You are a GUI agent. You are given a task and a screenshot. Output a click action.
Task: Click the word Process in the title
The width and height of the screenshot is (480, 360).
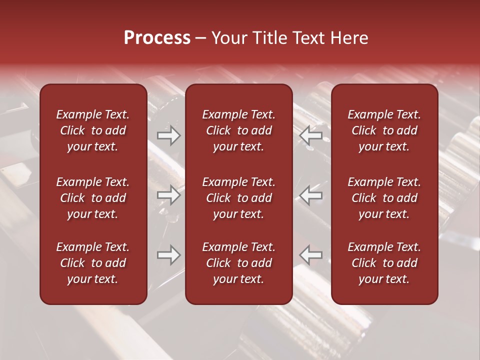[157, 38]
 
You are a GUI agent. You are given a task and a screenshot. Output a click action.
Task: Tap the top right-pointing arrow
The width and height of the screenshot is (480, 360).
[168, 135]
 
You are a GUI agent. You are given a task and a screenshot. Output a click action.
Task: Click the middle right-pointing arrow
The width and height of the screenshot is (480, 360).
[168, 195]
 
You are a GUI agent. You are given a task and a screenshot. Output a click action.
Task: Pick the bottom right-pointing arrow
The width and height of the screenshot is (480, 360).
[168, 255]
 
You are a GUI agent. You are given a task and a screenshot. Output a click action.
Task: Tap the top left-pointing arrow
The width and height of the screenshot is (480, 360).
[310, 135]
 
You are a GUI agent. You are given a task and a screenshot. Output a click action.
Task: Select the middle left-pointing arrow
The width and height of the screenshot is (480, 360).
[310, 195]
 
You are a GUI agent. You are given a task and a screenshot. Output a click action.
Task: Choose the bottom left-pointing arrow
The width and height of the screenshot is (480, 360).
[310, 255]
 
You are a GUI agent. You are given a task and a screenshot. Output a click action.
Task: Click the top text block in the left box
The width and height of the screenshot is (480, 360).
[93, 130]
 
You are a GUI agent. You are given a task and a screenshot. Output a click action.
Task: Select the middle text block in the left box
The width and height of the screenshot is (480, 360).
[93, 198]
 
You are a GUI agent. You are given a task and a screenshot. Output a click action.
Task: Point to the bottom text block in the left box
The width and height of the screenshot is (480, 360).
[93, 263]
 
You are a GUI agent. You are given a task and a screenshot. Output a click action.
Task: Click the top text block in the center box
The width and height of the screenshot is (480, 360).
[239, 130]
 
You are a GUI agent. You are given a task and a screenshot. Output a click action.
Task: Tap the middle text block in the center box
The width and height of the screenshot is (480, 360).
[239, 198]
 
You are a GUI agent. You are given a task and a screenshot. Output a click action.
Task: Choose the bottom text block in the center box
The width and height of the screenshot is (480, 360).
[239, 263]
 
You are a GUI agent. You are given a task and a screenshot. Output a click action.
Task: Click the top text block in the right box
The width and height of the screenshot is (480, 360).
[384, 130]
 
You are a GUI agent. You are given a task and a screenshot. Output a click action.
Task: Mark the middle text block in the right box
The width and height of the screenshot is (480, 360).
[384, 198]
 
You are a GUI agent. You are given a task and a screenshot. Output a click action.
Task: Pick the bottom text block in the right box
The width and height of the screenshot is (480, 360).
[384, 263]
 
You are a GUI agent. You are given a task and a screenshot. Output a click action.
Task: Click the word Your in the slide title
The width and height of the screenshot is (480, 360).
[227, 38]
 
